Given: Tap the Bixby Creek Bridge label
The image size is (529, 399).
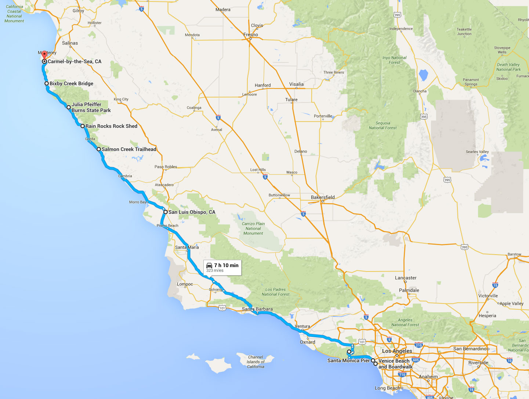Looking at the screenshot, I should [x=71, y=83].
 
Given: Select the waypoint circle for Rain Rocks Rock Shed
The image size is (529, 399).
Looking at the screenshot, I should [x=83, y=126].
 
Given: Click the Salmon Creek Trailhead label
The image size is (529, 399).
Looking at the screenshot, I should [x=129, y=149].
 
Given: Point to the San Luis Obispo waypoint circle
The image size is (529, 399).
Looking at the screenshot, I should [x=166, y=212].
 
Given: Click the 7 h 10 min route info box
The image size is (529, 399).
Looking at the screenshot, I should [x=222, y=267].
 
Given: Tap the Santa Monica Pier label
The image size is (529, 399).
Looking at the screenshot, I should [x=348, y=360].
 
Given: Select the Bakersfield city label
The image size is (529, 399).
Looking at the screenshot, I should [x=323, y=197].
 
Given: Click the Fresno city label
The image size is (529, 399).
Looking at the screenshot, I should [x=251, y=35].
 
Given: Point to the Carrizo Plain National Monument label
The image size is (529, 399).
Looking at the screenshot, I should [x=253, y=228].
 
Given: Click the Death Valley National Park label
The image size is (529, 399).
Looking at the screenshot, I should [x=508, y=67].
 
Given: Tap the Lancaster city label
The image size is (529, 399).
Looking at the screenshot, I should [x=406, y=278].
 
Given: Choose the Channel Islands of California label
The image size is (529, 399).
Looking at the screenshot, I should [x=256, y=362].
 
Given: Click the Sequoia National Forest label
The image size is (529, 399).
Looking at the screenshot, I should [x=383, y=126].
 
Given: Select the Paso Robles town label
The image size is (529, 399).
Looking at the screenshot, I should [x=166, y=167].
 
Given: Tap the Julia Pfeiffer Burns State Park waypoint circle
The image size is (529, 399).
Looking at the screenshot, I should [x=69, y=107].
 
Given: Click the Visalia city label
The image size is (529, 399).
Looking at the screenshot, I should [x=296, y=84].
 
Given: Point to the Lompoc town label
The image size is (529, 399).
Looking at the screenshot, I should [x=185, y=284].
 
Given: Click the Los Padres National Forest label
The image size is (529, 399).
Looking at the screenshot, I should [x=275, y=292].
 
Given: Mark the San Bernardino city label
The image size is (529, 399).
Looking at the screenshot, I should [x=470, y=349].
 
